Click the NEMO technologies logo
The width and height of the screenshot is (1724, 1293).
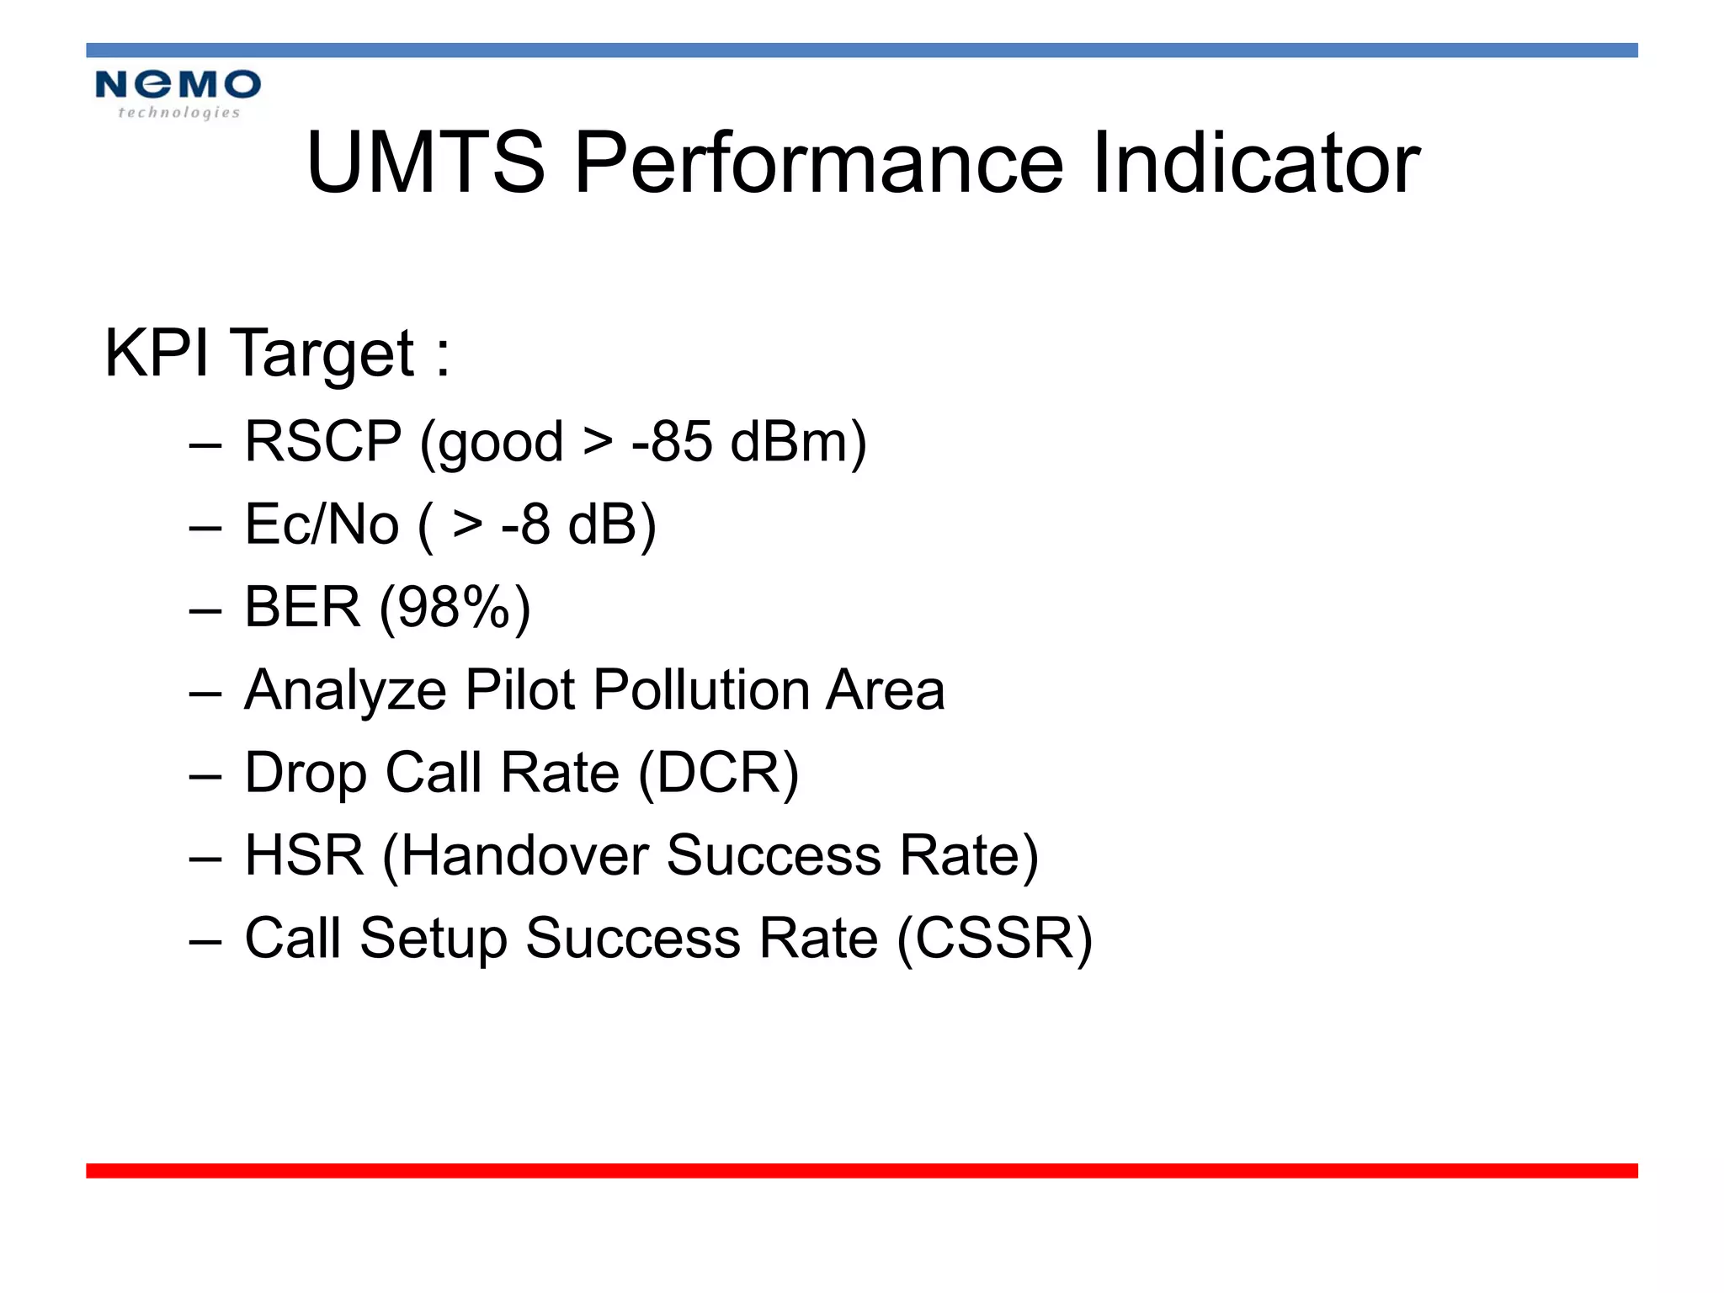tap(178, 93)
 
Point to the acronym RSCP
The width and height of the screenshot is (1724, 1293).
tap(323, 441)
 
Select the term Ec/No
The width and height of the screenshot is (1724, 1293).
tap(322, 524)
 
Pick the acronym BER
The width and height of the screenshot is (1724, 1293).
tap(302, 606)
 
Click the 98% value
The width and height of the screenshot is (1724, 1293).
tap(455, 606)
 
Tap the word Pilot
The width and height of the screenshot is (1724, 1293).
tap(519, 689)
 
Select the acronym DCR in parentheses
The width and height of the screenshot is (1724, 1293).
tap(718, 772)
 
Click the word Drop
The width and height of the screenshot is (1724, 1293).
tap(306, 772)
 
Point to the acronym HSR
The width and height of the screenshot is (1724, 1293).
tap(304, 855)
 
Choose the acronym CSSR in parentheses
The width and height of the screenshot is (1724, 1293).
tap(994, 938)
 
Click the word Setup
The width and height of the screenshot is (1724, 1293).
tap(434, 938)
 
